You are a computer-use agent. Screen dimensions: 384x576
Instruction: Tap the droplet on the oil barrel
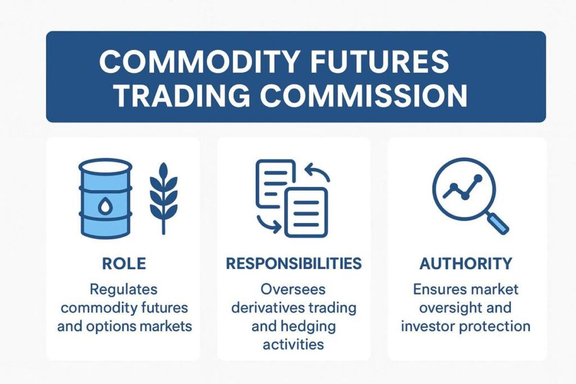pyautogui.click(x=105, y=207)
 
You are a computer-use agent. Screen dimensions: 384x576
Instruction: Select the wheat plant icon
pyautogui.click(x=163, y=198)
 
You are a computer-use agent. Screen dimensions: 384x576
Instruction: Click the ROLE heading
pyautogui.click(x=124, y=263)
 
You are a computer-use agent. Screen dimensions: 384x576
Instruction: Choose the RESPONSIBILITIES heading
pyautogui.click(x=293, y=263)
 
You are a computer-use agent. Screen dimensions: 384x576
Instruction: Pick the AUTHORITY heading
pyautogui.click(x=466, y=263)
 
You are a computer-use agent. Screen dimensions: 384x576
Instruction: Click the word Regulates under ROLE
pyautogui.click(x=124, y=290)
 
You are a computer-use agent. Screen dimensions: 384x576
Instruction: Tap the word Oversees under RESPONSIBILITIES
pyautogui.click(x=293, y=290)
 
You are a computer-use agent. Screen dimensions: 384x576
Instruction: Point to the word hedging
pyautogui.click(x=308, y=326)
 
